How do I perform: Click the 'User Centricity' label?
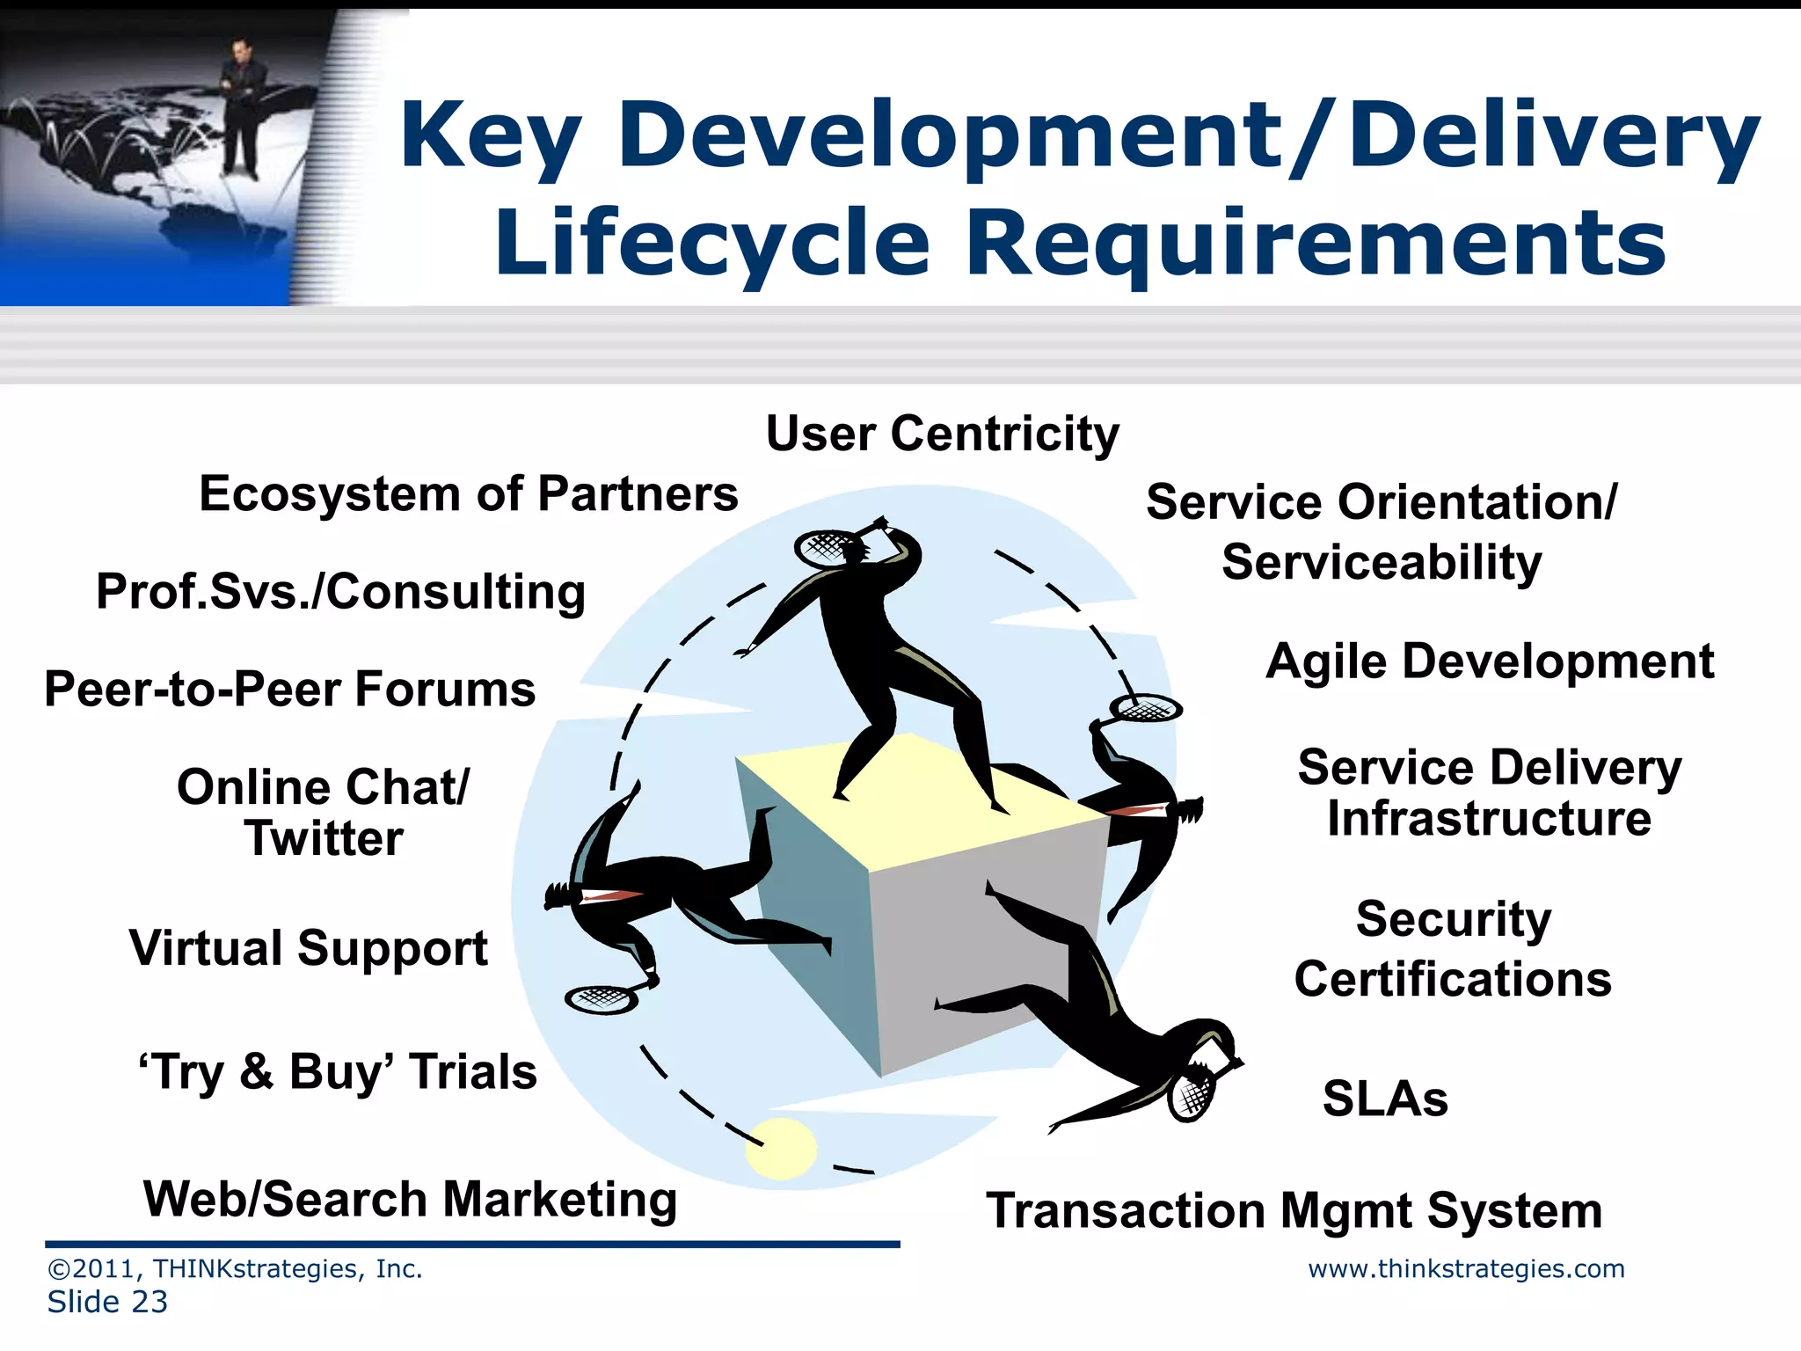pos(942,435)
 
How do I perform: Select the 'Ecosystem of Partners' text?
pos(468,494)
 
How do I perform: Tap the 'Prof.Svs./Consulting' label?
pos(340,592)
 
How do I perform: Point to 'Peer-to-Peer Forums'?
pos(289,689)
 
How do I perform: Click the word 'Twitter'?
pos(324,838)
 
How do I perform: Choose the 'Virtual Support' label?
pos(308,949)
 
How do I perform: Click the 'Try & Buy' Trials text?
pos(338,1072)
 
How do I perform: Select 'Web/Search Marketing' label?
pos(410,1200)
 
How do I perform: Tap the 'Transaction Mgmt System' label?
pos(1294,1211)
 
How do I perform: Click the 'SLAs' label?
pos(1385,1099)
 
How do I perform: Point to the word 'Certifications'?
pos(1453,979)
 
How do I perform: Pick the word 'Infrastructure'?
pos(1489,819)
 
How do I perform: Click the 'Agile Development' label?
pos(1490,661)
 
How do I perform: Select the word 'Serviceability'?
pos(1382,562)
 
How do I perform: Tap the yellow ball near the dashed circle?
pos(781,1149)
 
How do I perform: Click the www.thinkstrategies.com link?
pos(1466,1269)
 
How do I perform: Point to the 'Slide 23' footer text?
pos(107,1303)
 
